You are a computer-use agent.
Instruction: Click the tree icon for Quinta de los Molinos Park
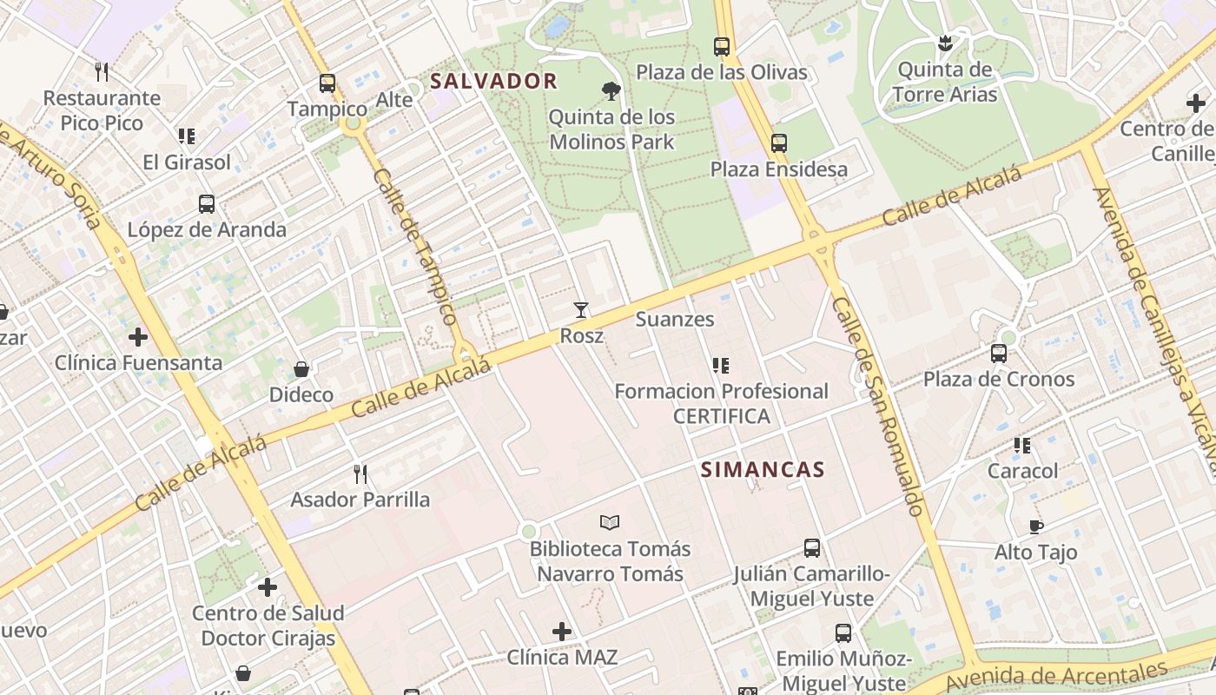(611, 90)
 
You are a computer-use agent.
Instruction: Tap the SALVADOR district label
(493, 82)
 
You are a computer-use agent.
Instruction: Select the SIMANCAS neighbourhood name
(762, 470)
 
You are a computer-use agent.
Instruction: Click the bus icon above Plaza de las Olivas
(721, 47)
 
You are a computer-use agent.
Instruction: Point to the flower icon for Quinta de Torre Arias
(945, 43)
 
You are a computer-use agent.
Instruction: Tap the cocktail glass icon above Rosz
(580, 310)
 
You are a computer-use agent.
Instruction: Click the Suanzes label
(675, 319)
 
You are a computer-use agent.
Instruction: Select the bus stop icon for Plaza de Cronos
(999, 354)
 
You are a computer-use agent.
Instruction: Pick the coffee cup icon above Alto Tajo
(1035, 526)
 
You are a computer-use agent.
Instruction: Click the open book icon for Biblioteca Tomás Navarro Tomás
(610, 522)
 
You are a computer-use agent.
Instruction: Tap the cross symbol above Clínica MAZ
(562, 632)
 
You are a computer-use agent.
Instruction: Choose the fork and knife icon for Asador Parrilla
(360, 474)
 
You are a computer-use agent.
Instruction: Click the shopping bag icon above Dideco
(301, 370)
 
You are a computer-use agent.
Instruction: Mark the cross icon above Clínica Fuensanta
(138, 337)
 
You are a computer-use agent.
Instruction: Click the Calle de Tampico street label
(415, 247)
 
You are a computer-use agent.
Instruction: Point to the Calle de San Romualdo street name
(876, 406)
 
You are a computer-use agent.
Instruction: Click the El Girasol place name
(187, 162)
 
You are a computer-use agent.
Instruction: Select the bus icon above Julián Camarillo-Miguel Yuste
(811, 548)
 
